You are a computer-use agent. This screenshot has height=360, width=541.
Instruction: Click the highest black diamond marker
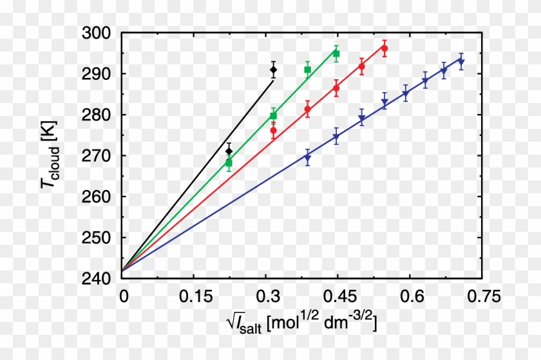(x=273, y=70)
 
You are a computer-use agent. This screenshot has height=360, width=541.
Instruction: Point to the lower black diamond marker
(x=229, y=151)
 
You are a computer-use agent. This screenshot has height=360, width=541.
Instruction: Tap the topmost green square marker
(x=336, y=53)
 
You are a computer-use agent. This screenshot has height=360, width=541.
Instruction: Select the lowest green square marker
(x=229, y=163)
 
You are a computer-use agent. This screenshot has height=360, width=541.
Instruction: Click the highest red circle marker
(x=384, y=48)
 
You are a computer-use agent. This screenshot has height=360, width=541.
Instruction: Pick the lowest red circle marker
(x=273, y=131)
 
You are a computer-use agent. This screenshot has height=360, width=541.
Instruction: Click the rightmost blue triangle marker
(x=461, y=62)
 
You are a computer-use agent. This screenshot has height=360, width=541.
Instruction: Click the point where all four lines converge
(x=122, y=270)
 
